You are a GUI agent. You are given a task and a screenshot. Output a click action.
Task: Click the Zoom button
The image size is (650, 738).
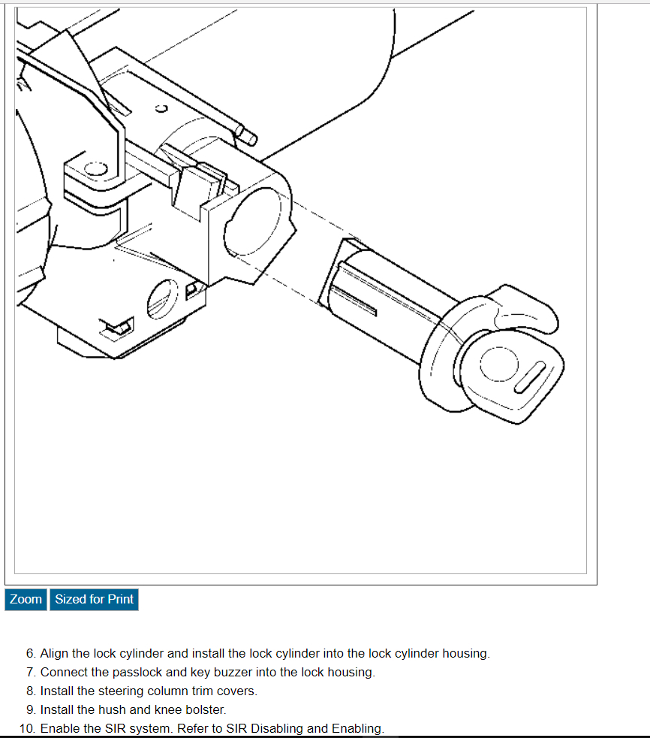point(26,599)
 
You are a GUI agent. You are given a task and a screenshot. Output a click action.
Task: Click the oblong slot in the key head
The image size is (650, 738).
point(530,376)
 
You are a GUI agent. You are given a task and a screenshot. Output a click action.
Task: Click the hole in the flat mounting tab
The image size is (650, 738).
point(95,169)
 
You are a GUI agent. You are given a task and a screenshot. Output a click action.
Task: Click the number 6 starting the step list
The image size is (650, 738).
point(30,653)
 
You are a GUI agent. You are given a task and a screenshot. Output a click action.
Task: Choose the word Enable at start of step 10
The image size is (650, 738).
point(59,728)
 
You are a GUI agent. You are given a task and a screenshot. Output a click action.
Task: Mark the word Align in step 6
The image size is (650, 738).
point(54,653)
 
